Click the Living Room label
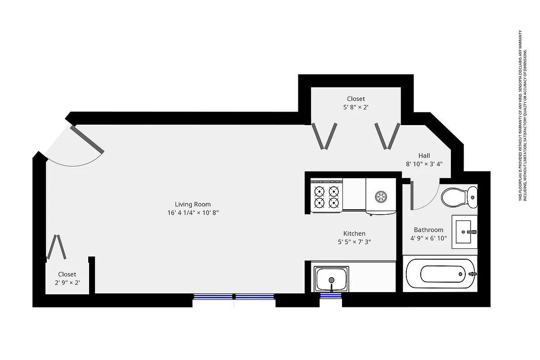click(193, 204)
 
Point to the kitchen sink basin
click(332, 279)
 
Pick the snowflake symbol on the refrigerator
click(381, 196)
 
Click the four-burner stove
click(327, 197)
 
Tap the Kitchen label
click(354, 234)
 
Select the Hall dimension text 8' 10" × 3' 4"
click(424, 164)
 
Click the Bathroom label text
click(428, 230)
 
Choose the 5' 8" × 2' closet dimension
click(355, 107)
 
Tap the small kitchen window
click(331, 296)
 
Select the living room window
click(234, 296)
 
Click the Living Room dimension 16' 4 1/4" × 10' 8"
click(193, 213)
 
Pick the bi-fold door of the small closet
click(57, 247)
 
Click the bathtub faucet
click(472, 273)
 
